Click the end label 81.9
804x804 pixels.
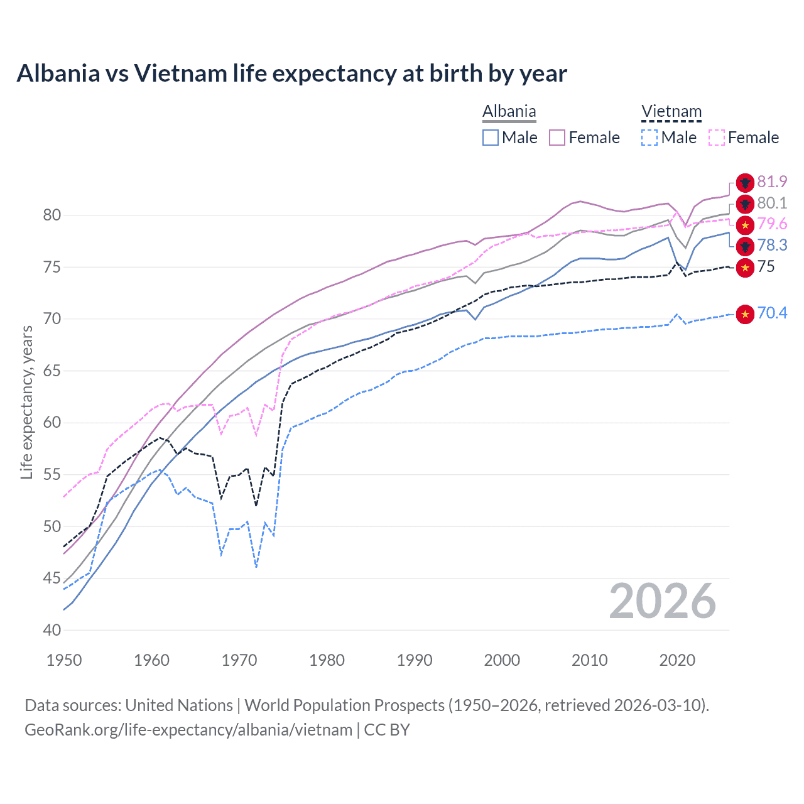pyautogui.click(x=772, y=182)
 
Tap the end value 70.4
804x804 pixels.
pyautogui.click(x=772, y=313)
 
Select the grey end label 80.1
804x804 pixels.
pyautogui.click(x=772, y=204)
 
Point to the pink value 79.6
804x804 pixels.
pyautogui.click(x=772, y=224)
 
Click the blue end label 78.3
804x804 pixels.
pyautogui.click(x=772, y=245)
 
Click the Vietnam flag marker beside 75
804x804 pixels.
pyautogui.click(x=745, y=268)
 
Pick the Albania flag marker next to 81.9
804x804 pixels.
pyautogui.click(x=745, y=183)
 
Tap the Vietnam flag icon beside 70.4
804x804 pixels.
pyautogui.click(x=745, y=314)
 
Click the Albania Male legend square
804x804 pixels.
pyautogui.click(x=491, y=138)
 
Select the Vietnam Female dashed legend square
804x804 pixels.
pyautogui.click(x=717, y=138)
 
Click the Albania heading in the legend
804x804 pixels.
pyautogui.click(x=509, y=112)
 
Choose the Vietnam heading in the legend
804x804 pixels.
pyautogui.click(x=671, y=112)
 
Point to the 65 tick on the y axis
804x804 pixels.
pyautogui.click(x=52, y=371)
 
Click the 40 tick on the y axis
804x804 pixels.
pyautogui.click(x=52, y=630)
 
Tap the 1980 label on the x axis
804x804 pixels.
pyautogui.click(x=327, y=660)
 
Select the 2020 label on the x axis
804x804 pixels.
pyautogui.click(x=677, y=660)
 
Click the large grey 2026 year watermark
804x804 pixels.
pyautogui.click(x=663, y=601)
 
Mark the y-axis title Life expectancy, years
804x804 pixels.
pyautogui.click(x=26, y=402)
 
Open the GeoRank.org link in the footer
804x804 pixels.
pyautogui.click(x=188, y=730)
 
